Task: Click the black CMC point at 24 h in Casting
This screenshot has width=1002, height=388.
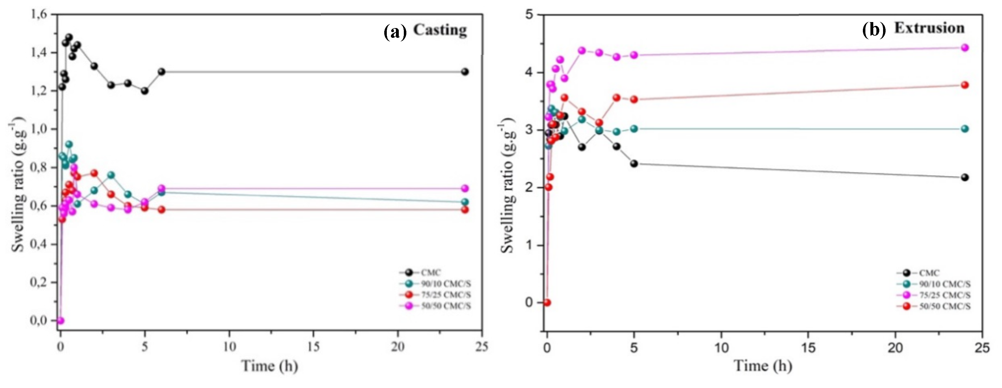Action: click(x=464, y=72)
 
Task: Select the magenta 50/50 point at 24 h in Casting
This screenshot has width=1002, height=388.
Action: click(x=464, y=188)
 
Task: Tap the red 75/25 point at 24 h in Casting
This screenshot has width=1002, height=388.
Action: click(x=464, y=210)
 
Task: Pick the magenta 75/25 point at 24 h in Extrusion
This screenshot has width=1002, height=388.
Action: click(x=965, y=58)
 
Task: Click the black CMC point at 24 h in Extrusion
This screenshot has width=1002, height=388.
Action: click(x=965, y=177)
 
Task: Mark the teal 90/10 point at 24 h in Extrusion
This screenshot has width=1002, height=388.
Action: click(x=965, y=129)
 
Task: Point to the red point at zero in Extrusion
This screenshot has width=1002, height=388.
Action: click(x=547, y=303)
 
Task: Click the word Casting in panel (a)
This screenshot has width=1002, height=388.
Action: click(x=439, y=30)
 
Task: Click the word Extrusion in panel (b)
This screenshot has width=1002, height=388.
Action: click(x=929, y=28)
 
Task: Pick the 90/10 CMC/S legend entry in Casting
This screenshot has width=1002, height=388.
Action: click(x=446, y=284)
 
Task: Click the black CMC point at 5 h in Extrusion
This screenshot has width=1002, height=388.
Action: click(x=634, y=163)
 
